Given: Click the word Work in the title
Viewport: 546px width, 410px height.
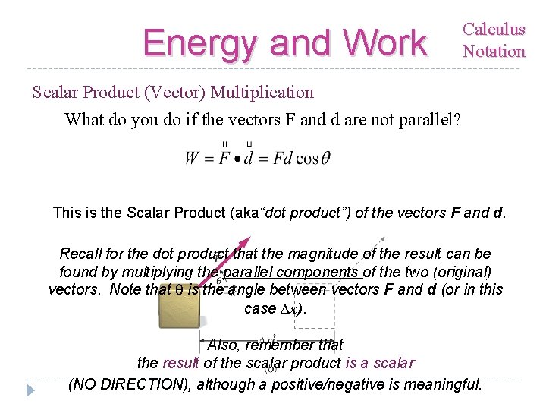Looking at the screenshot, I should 384,43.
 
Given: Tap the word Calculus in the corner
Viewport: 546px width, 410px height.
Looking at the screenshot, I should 494,30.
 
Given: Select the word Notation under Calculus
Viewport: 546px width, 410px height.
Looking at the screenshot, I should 494,52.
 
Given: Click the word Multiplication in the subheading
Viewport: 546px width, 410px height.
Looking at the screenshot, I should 262,93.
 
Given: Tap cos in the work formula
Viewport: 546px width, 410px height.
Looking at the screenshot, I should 307,159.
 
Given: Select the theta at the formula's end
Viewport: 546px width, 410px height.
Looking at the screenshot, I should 325,159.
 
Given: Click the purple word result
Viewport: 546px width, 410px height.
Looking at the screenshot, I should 180,363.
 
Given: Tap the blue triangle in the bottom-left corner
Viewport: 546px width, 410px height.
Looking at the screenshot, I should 30,390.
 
